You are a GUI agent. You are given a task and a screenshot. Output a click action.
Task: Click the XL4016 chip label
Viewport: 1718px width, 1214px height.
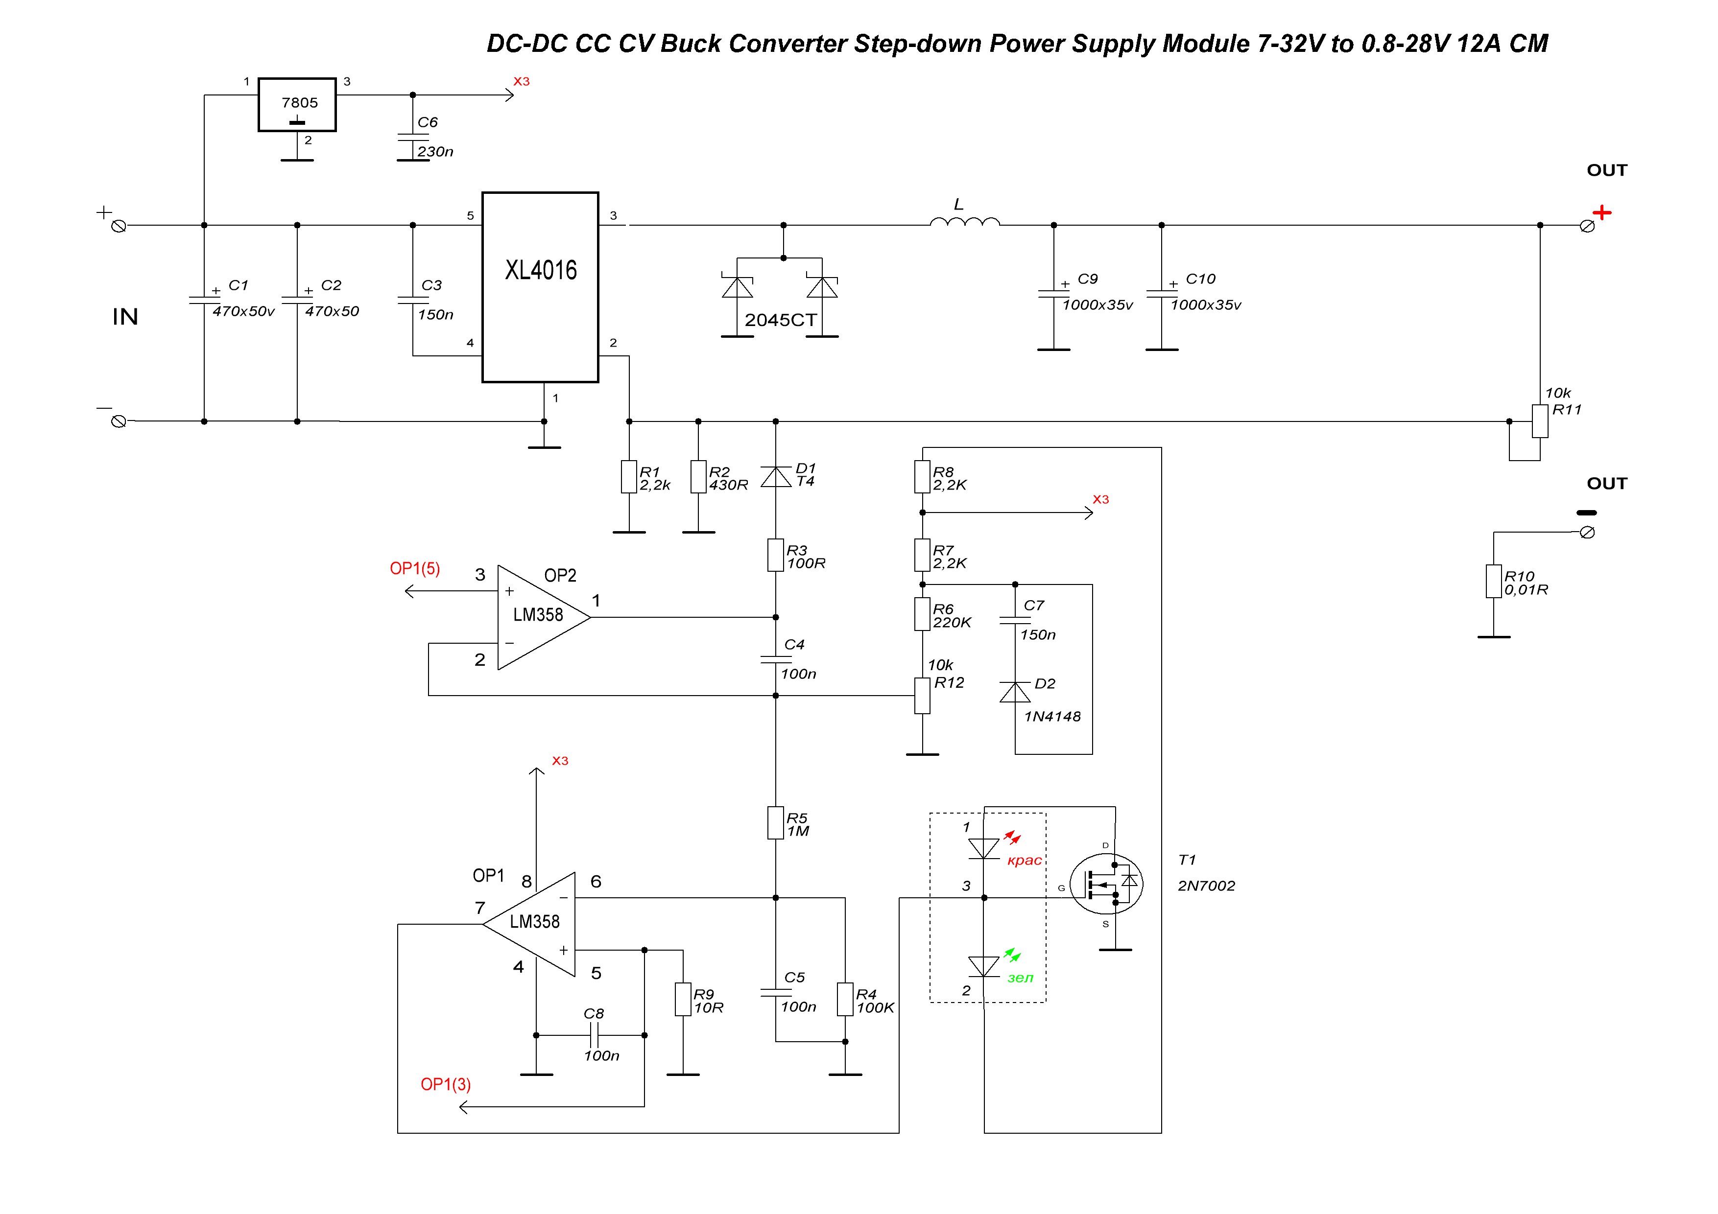point(540,270)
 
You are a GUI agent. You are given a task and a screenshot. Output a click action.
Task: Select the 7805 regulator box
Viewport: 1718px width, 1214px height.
point(297,105)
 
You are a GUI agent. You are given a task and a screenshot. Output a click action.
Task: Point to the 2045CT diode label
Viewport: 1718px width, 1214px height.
point(781,320)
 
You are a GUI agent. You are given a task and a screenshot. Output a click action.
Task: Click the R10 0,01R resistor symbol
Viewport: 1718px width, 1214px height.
point(1494,582)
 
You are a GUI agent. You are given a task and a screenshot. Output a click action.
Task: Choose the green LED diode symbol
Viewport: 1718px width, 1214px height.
point(984,966)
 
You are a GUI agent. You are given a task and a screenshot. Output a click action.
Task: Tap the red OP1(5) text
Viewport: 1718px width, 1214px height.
point(414,568)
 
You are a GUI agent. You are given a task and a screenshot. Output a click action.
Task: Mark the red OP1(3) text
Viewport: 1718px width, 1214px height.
point(445,1085)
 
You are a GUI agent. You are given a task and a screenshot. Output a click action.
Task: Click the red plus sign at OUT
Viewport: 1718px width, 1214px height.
point(1601,212)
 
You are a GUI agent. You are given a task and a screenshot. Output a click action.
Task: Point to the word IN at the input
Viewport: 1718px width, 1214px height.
point(125,317)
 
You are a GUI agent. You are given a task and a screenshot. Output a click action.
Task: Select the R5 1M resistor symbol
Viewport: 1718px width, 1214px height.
point(775,823)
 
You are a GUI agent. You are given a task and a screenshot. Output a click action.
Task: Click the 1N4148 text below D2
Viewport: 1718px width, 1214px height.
point(1052,717)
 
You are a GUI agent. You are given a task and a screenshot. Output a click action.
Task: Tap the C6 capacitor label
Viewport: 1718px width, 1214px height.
point(427,122)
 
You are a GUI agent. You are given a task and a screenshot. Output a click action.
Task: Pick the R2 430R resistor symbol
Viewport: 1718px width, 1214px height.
point(698,477)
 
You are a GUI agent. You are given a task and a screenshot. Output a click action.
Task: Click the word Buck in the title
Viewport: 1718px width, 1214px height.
point(691,44)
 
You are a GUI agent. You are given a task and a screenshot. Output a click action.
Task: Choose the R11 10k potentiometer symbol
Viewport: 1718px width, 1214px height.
point(1540,421)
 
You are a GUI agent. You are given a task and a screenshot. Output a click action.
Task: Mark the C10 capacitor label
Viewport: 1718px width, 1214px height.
point(1200,279)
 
